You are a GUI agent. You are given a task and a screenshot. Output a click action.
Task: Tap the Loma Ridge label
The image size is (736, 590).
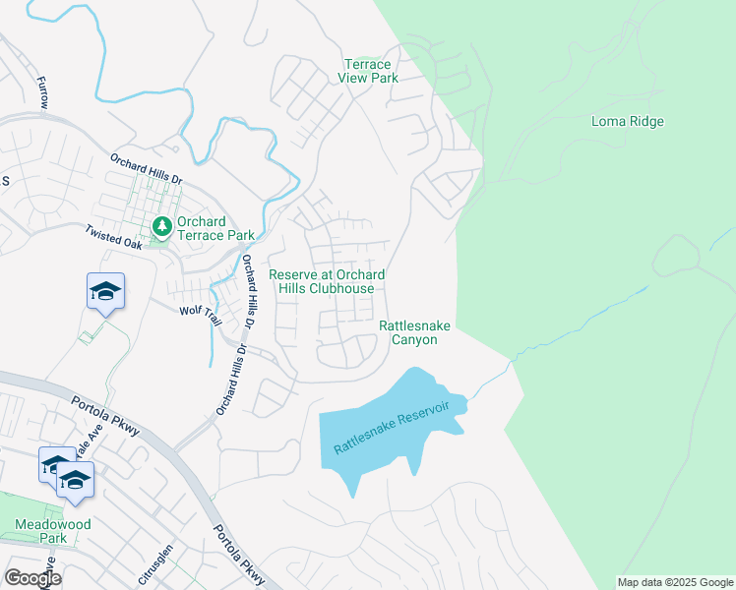(628, 122)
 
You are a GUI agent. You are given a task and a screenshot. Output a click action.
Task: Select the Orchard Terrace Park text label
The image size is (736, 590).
(215, 228)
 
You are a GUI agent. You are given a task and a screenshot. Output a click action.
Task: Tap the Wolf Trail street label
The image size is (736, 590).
(197, 311)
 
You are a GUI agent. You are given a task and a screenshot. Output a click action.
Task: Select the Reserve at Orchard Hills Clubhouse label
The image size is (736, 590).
(327, 281)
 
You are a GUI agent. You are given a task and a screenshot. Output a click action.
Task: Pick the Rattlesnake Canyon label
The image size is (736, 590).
(408, 331)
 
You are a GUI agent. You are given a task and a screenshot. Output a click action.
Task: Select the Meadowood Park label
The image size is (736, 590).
(53, 531)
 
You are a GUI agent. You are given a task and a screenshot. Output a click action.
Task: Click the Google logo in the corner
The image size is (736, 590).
(31, 578)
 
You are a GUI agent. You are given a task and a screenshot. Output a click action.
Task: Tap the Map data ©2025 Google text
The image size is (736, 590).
(674, 582)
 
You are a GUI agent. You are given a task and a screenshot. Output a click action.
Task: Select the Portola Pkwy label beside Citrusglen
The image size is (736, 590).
(238, 557)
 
